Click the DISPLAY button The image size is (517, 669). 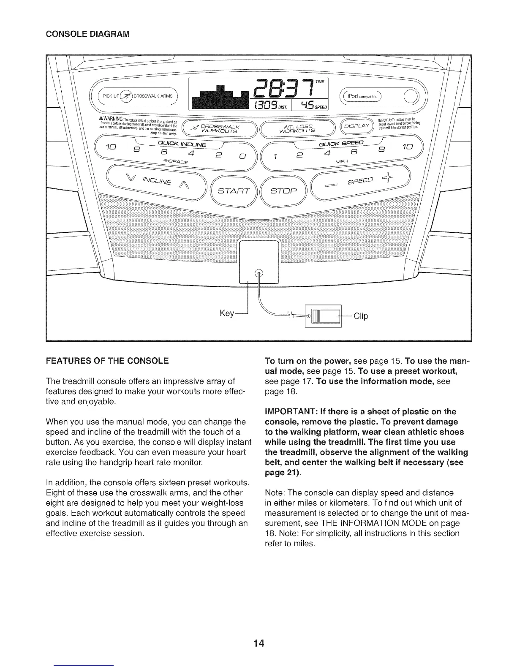tap(357, 126)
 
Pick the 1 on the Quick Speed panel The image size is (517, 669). tap(275, 157)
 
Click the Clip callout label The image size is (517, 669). tap(361, 316)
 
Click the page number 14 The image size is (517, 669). tap(258, 644)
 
